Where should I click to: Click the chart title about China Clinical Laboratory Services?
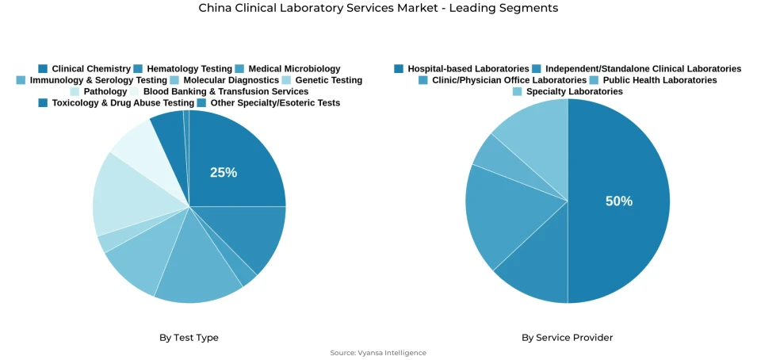point(378,9)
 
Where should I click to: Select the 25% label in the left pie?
point(224,172)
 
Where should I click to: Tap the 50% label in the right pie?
point(619,201)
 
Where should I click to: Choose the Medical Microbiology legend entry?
point(288,69)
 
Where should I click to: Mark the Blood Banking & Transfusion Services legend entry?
point(219,91)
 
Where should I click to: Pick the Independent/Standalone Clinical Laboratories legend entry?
point(637,69)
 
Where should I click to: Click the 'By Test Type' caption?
point(189,338)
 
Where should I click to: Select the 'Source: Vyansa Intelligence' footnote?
point(378,353)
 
